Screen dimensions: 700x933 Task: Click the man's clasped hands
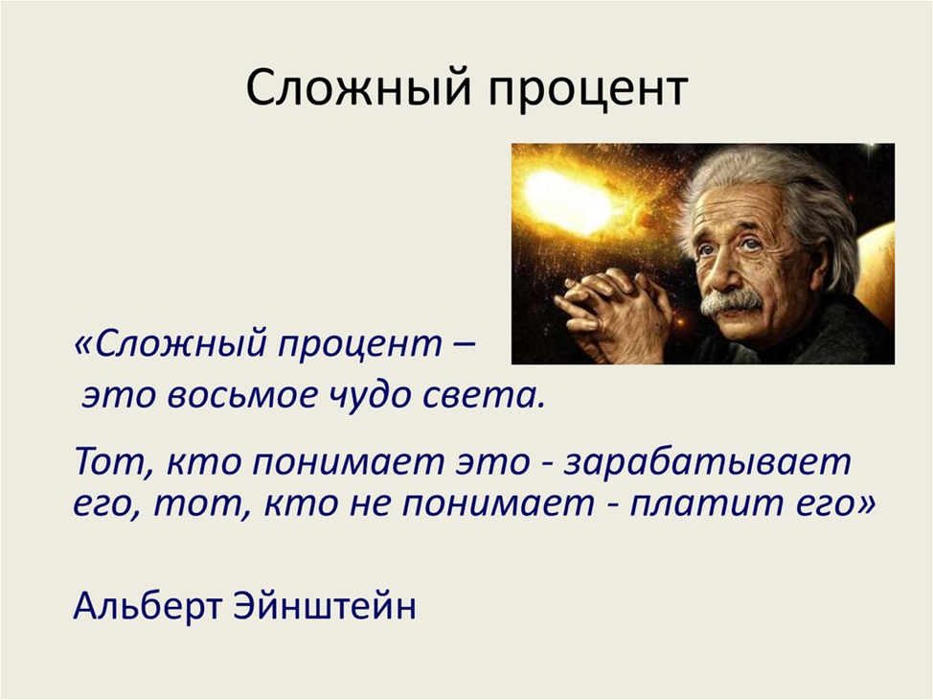coord(613,312)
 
